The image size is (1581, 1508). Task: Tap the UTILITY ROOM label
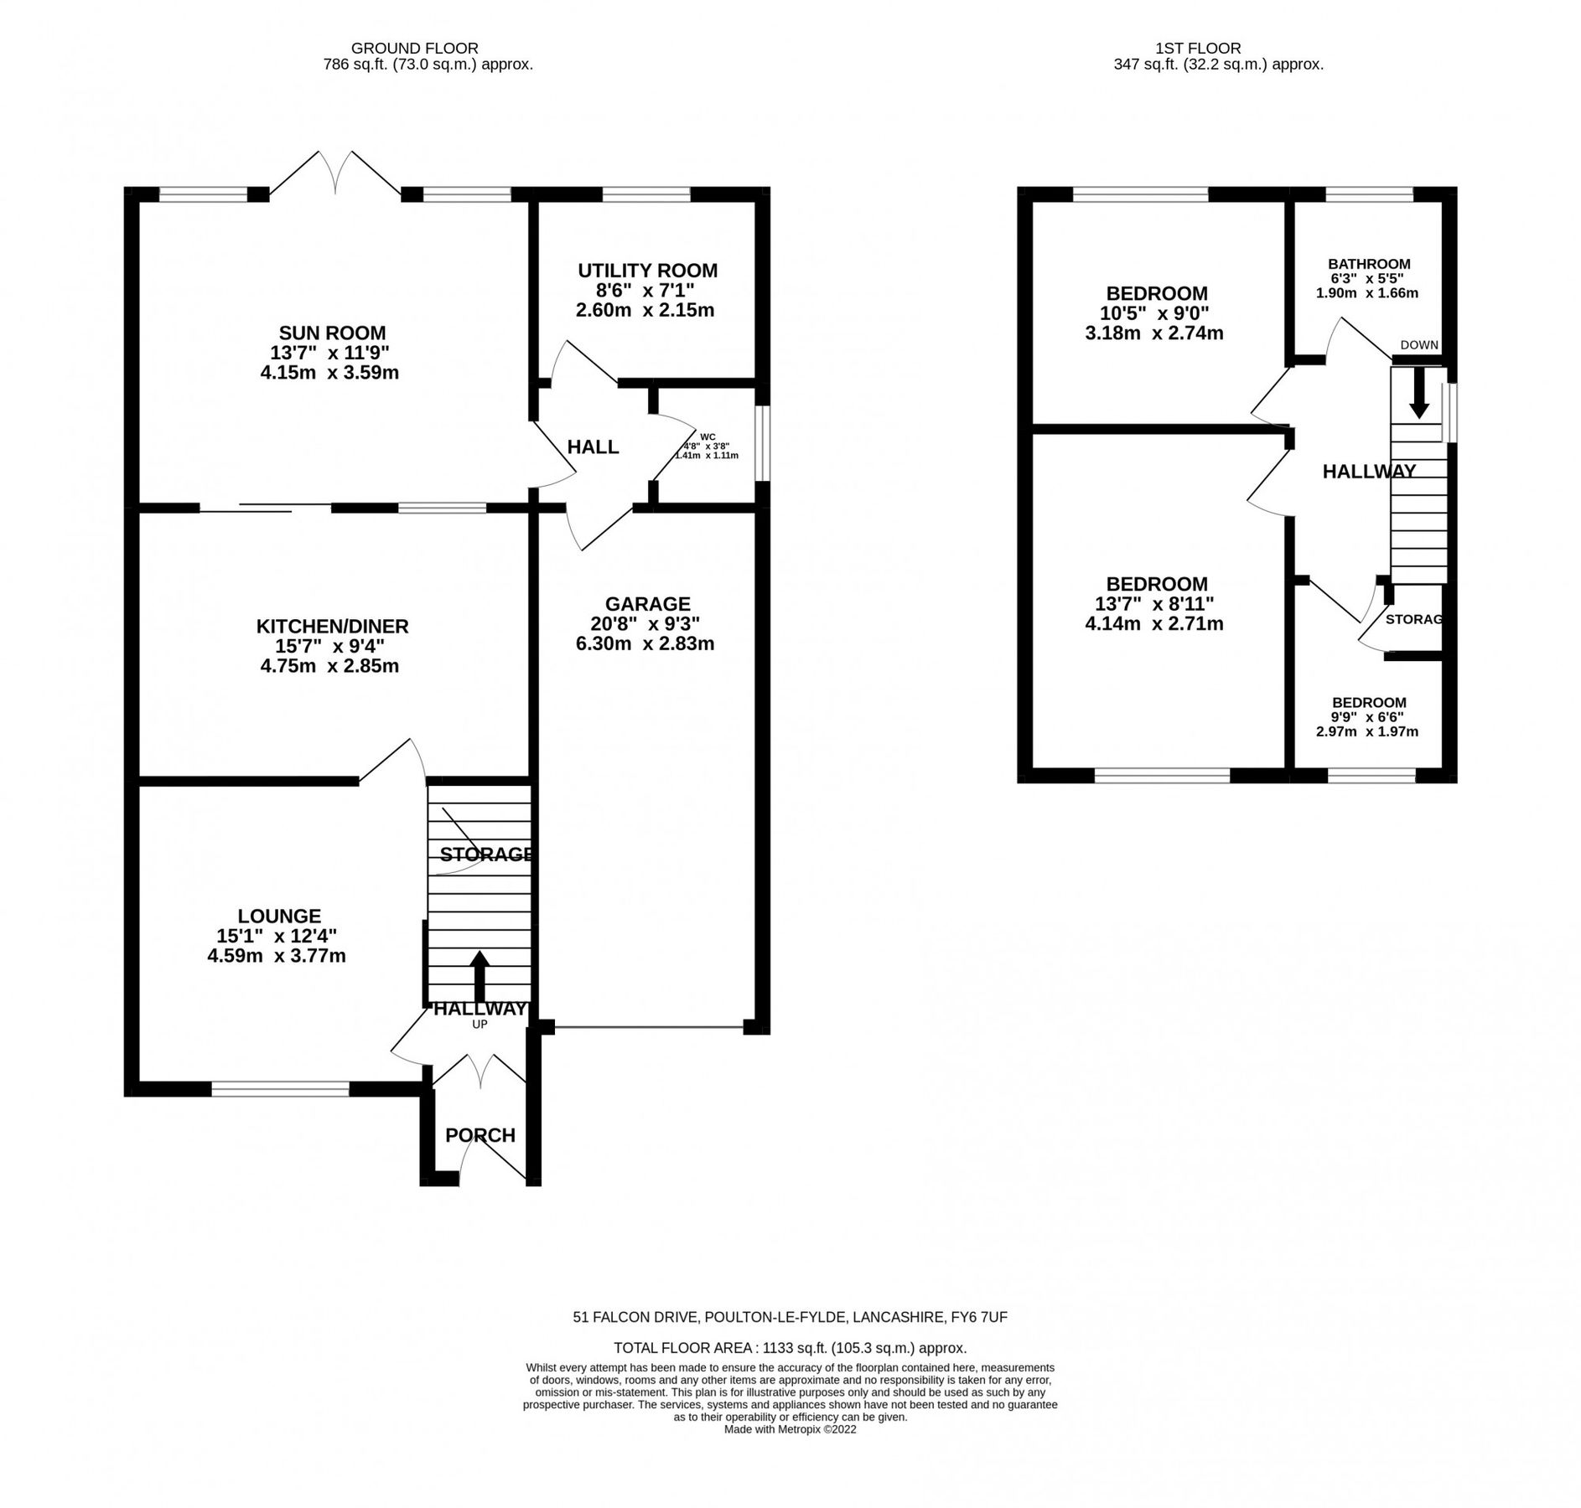[x=647, y=271]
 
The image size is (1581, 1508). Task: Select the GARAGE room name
[x=647, y=604]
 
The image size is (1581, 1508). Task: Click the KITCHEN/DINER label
[x=332, y=626]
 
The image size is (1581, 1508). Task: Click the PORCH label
[x=479, y=1135]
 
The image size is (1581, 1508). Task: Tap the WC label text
[x=708, y=436]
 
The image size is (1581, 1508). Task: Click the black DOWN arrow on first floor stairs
[x=1418, y=393]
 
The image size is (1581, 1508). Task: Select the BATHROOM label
[x=1368, y=264]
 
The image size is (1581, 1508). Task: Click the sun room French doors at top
[x=335, y=174]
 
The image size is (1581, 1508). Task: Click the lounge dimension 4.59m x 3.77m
[x=277, y=955]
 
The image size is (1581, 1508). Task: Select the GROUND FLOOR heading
[x=414, y=49]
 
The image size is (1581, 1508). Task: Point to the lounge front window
[x=279, y=1088]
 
